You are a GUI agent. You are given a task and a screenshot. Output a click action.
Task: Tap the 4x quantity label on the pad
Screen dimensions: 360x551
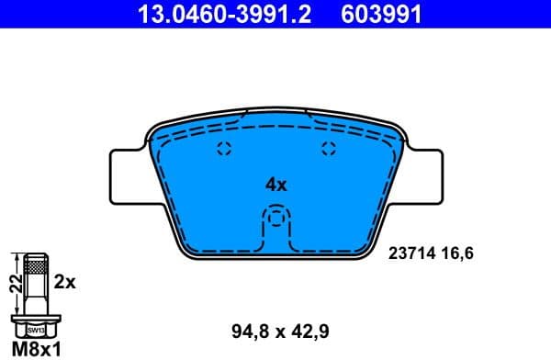[x=276, y=184]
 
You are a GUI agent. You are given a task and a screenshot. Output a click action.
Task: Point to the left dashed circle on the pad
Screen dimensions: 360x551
[x=221, y=152]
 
